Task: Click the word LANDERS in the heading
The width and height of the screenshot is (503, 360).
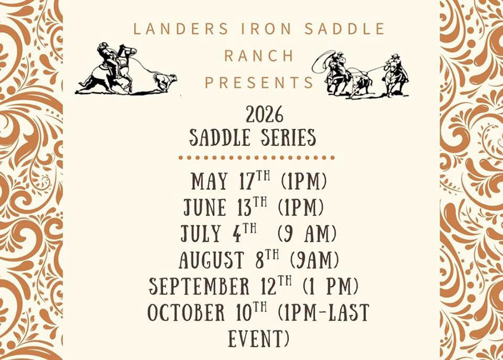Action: (x=181, y=29)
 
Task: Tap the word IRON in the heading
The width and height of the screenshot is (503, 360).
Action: (x=266, y=29)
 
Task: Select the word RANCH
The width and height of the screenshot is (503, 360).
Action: (x=259, y=56)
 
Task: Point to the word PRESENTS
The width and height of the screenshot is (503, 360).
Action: (x=259, y=83)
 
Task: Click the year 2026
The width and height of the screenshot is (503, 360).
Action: (x=264, y=115)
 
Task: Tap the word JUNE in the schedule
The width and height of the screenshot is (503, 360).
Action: (x=205, y=207)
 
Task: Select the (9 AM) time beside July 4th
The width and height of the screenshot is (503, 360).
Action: (x=307, y=233)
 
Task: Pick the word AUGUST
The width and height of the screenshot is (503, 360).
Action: (x=211, y=259)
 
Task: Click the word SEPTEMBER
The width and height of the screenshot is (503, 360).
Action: (x=199, y=286)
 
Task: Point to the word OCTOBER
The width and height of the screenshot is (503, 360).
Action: (x=186, y=312)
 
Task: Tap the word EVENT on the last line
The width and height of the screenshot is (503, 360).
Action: (x=259, y=338)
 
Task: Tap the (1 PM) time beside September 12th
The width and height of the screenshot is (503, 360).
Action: (x=330, y=286)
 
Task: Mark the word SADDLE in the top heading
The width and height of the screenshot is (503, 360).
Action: (x=344, y=29)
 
